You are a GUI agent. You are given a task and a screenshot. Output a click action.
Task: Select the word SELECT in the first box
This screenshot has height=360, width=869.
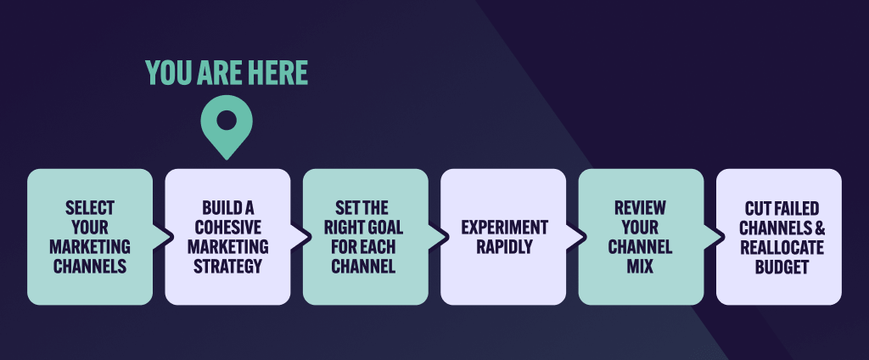tap(90, 208)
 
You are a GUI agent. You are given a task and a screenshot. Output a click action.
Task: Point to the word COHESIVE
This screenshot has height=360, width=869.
tap(227, 228)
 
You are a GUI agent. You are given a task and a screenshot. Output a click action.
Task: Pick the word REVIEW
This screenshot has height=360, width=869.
tap(641, 208)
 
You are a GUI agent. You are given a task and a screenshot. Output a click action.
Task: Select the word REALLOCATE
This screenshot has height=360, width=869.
tap(779, 247)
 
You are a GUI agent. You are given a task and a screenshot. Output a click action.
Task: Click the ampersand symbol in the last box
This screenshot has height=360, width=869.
tap(820, 228)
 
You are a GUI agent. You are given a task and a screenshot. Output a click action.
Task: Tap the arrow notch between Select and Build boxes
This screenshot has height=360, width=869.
tap(158, 237)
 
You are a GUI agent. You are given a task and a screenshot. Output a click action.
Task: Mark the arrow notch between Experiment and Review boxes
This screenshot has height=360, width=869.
tap(571, 237)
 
